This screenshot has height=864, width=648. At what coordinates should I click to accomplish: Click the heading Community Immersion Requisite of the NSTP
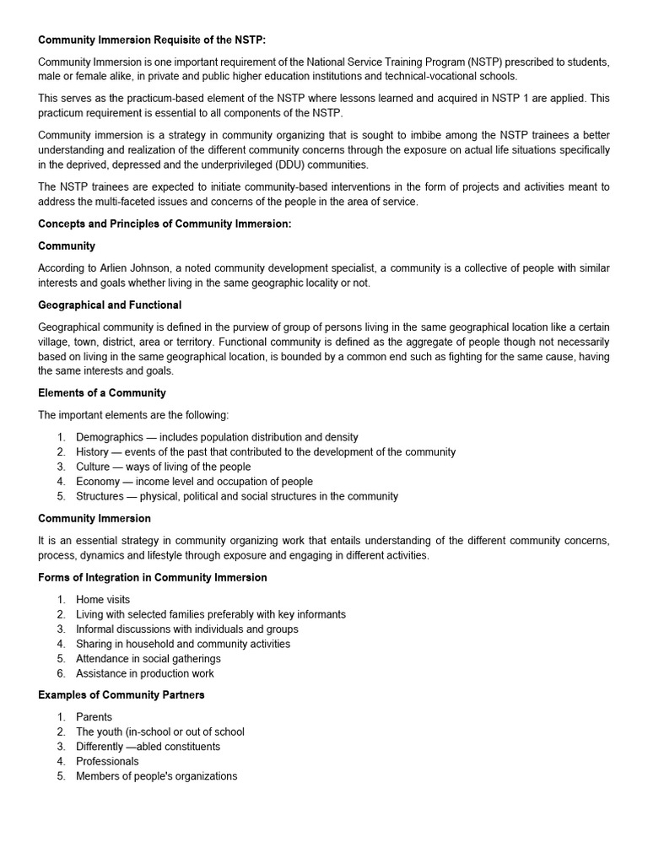click(x=152, y=40)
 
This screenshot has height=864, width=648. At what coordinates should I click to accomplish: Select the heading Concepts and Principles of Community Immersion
click(x=165, y=224)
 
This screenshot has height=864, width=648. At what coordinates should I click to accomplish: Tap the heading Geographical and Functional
click(x=110, y=305)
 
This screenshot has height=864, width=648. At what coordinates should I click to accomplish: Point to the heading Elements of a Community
click(x=102, y=392)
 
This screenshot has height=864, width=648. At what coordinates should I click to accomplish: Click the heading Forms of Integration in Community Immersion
click(x=153, y=577)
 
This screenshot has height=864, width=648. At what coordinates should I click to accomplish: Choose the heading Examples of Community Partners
click(x=121, y=694)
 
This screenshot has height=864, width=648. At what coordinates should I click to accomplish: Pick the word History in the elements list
click(x=92, y=452)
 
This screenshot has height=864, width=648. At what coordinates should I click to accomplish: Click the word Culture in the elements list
click(x=93, y=467)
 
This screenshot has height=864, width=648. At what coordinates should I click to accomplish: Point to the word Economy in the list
click(x=98, y=482)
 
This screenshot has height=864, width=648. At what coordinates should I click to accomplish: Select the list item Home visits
click(x=103, y=600)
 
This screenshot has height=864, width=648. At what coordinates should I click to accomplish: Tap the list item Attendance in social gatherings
click(x=148, y=658)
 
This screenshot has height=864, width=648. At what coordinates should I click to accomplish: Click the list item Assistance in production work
click(x=145, y=673)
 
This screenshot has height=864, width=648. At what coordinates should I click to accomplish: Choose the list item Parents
click(x=94, y=717)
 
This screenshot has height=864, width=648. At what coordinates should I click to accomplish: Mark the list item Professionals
click(x=107, y=761)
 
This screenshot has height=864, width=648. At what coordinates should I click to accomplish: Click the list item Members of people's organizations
click(x=157, y=776)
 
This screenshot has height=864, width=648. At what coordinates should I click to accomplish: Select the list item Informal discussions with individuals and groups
click(x=187, y=629)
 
